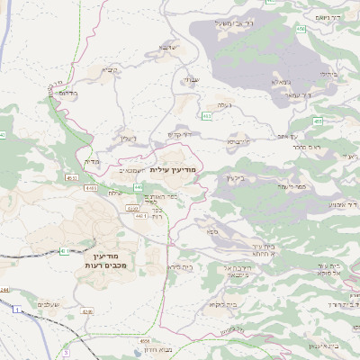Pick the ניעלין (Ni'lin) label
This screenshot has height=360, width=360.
pyautogui.click(x=127, y=138)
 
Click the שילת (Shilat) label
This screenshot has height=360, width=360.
pyautogui.click(x=114, y=193)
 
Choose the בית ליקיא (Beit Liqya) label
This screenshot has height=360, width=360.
pyautogui.click(x=211, y=307)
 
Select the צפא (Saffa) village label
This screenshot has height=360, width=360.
pyautogui.click(x=212, y=232)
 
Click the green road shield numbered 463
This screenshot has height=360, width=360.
pyautogui.click(x=208, y=115)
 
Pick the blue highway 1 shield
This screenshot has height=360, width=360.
pyautogui.click(x=16, y=310)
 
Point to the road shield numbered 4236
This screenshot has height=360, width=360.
pyautogui.click(x=87, y=310)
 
